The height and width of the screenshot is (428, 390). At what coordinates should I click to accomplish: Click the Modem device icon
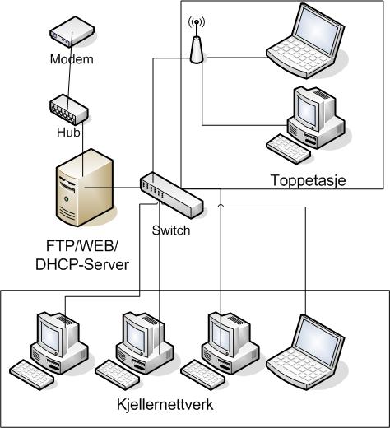tap(72, 31)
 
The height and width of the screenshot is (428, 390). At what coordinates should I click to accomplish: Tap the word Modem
tap(72, 59)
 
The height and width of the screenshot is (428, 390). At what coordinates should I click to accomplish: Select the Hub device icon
tap(69, 109)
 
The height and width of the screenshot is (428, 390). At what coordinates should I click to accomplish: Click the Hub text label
tap(68, 133)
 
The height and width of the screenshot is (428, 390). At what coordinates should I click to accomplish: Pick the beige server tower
tap(84, 188)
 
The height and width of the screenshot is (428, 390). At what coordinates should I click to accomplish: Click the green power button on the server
tap(66, 198)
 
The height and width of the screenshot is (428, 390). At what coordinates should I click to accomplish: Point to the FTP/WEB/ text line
tap(81, 245)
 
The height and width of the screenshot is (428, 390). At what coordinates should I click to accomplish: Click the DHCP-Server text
tap(82, 265)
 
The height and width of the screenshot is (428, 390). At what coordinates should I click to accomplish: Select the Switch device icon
tap(172, 195)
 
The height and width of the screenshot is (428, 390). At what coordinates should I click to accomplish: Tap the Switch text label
tap(171, 230)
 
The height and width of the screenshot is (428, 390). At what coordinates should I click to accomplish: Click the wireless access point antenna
tap(197, 40)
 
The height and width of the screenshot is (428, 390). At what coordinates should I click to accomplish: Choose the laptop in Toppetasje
tap(305, 41)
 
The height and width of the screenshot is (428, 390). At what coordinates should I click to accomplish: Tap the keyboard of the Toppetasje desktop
tap(289, 149)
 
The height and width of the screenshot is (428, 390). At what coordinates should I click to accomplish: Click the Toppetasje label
tap(309, 180)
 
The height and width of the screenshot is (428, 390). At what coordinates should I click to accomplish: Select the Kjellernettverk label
tap(165, 405)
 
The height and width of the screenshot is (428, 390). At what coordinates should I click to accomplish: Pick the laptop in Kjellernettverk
tap(305, 352)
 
